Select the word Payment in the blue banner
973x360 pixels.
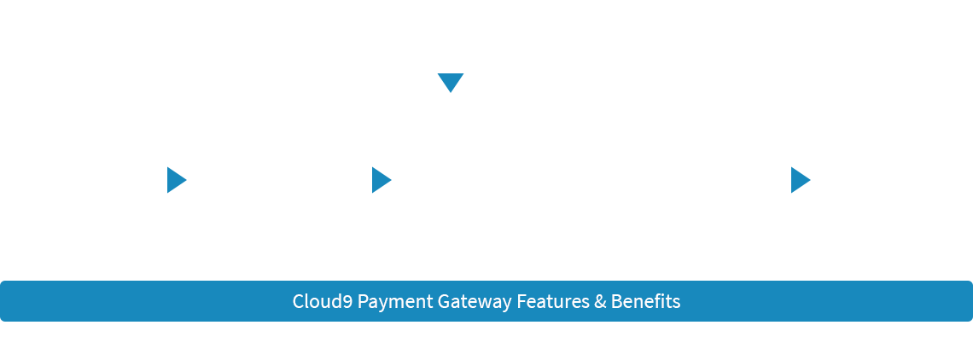(395, 302)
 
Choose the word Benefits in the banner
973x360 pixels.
(645, 301)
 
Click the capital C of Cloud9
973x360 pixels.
(298, 301)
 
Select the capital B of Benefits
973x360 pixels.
(616, 301)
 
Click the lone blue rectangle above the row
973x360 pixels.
(451, 83)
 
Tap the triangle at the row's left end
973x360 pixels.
(172, 180)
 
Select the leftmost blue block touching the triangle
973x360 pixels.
(193, 180)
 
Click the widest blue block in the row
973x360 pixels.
(382, 180)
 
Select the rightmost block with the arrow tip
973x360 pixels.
(784, 180)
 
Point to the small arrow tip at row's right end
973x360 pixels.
(807, 180)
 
